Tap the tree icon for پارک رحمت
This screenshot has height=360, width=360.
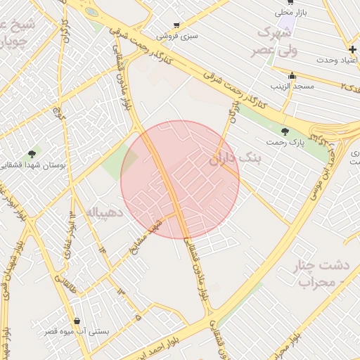coord(284,131)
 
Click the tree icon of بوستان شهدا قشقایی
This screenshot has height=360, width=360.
coord(32,153)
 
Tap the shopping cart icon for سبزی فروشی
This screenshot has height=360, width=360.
coord(176,25)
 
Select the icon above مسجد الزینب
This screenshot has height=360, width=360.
coord(292,76)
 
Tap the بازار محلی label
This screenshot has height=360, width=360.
coord(290,12)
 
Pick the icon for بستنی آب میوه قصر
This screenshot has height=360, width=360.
coord(77,321)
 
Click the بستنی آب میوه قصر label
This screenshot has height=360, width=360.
coord(77,330)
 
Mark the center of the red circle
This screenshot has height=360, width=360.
coord(180,180)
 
